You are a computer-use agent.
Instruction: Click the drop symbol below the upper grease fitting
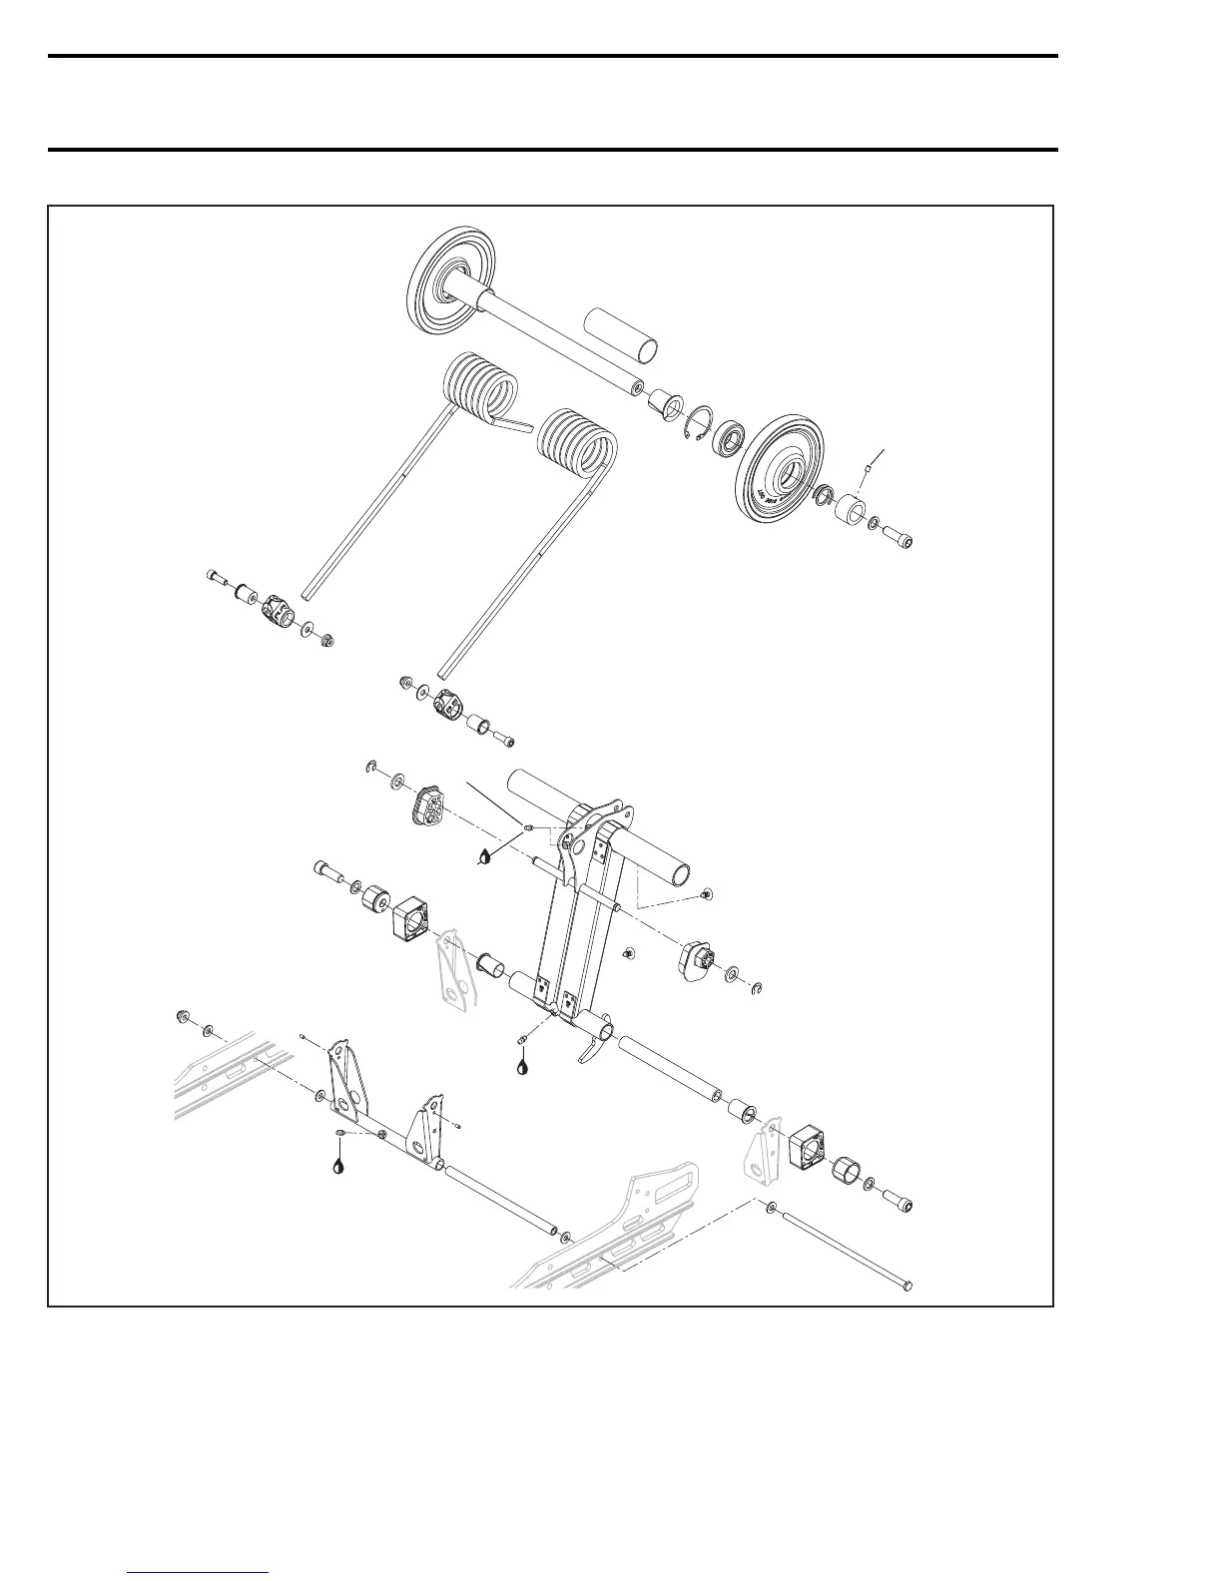485,855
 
